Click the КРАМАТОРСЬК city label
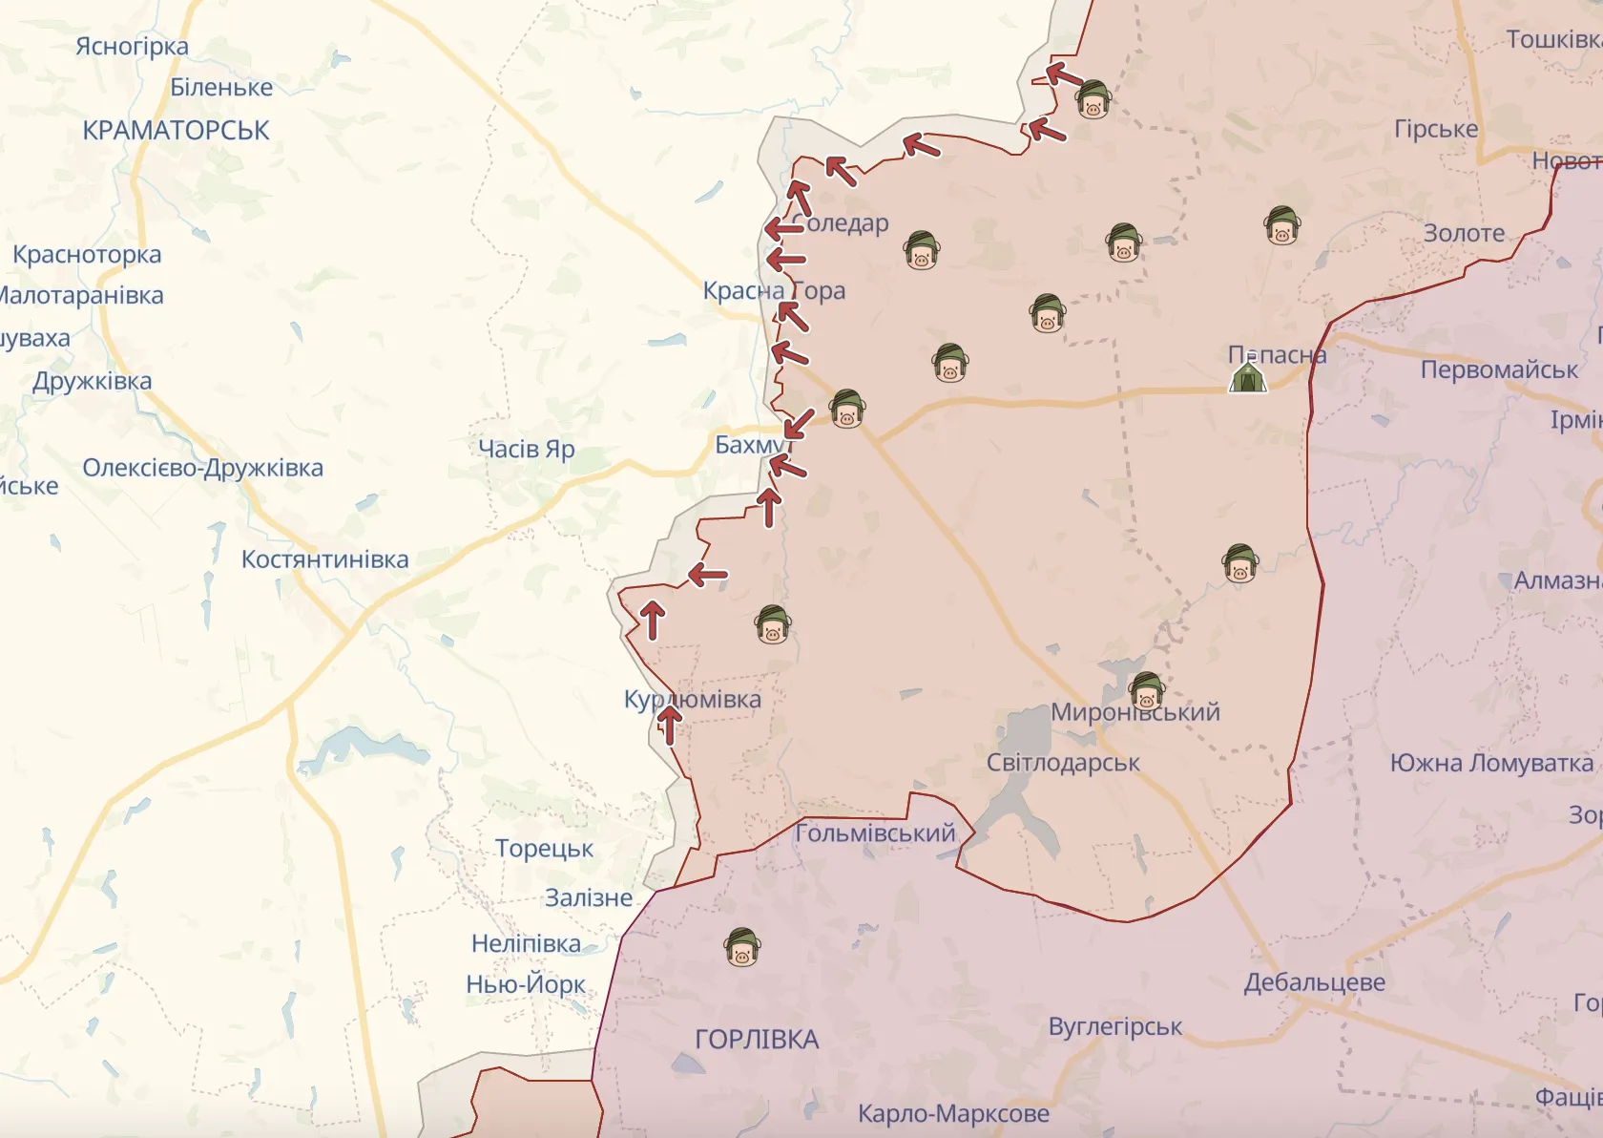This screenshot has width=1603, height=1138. pyautogui.click(x=176, y=131)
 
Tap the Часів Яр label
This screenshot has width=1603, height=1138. pyautogui.click(x=526, y=449)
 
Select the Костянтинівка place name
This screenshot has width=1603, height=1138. pyautogui.click(x=324, y=559)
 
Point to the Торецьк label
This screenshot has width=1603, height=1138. pyautogui.click(x=544, y=849)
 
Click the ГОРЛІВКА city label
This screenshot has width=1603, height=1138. pyautogui.click(x=757, y=1040)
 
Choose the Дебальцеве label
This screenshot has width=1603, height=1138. pyautogui.click(x=1314, y=982)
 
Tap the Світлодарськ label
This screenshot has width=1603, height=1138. pyautogui.click(x=1063, y=764)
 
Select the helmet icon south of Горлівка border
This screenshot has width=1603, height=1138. pyautogui.click(x=742, y=948)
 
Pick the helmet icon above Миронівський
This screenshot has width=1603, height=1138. pyautogui.click(x=1146, y=690)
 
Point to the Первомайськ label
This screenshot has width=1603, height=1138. pyautogui.click(x=1499, y=370)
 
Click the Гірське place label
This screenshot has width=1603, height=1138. pyautogui.click(x=1435, y=130)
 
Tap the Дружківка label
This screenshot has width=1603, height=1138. pyautogui.click(x=92, y=382)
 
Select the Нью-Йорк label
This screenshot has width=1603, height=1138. pyautogui.click(x=526, y=984)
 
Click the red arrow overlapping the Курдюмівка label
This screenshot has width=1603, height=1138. pyautogui.click(x=670, y=724)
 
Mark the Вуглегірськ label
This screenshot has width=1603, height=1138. pyautogui.click(x=1114, y=1027)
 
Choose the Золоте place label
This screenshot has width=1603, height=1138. pyautogui.click(x=1464, y=234)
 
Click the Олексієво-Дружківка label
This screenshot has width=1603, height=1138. pyautogui.click(x=202, y=469)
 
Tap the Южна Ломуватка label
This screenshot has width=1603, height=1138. pyautogui.click(x=1491, y=764)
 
